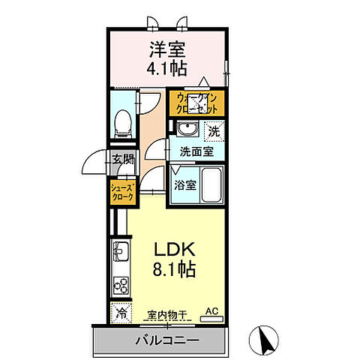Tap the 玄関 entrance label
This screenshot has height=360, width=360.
[x=123, y=160]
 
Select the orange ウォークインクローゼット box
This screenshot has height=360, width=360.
[x=196, y=103]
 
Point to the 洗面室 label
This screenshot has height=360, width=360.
[x=196, y=151]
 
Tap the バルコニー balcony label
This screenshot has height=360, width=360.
[x=167, y=340]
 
